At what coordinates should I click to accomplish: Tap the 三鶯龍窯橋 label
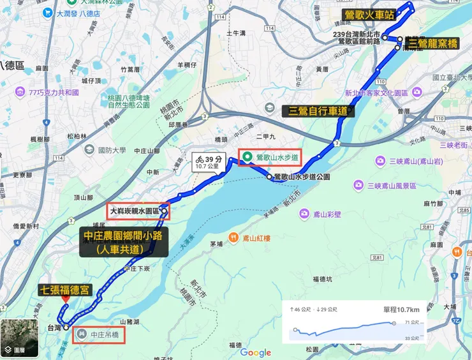pos(432,44)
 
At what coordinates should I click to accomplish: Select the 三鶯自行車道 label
pos(318,111)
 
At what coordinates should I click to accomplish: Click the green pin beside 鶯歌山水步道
pos(246,156)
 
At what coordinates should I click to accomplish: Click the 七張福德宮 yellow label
pos(66,290)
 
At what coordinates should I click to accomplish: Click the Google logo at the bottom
pos(256,353)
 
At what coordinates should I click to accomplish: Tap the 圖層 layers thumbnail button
pos(18,338)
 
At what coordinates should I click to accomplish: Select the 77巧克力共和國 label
pos(54,92)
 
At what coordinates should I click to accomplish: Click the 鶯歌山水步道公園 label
pos(302,177)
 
